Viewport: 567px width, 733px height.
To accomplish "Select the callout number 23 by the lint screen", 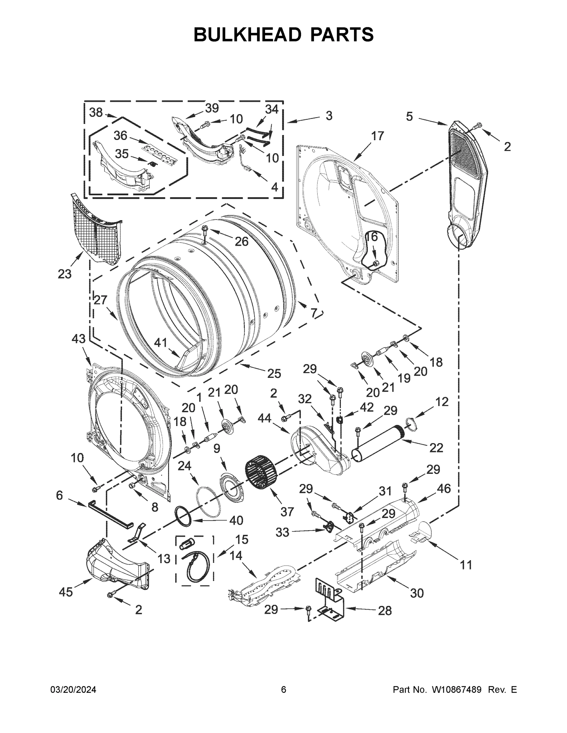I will point(64,274).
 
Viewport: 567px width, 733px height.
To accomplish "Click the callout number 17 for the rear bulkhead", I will point(377,136).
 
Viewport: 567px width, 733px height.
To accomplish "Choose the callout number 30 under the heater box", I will point(417,593).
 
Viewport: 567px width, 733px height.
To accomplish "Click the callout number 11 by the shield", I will point(466,565).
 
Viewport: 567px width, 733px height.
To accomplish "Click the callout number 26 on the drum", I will point(241,241).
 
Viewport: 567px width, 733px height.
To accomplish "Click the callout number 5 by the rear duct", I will point(409,116).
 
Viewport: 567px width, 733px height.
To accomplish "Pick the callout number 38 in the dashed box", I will point(96,112).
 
